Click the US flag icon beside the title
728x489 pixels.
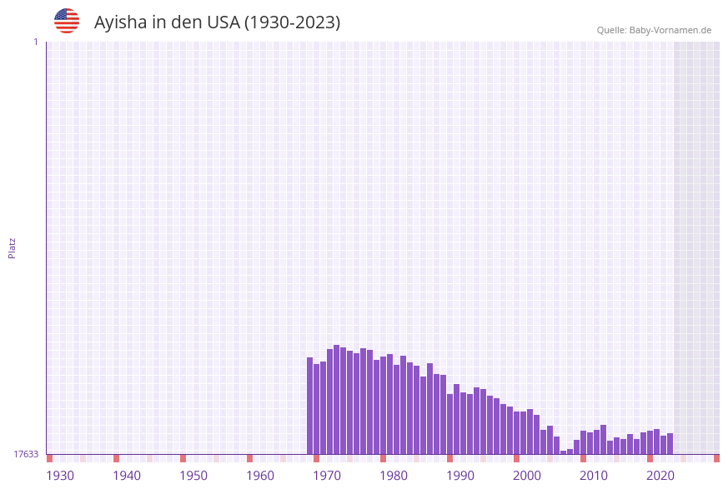coord(67,21)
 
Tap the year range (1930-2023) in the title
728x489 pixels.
coord(292,22)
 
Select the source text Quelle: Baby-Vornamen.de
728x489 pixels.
coord(654,30)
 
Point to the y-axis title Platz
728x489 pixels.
coord(13,248)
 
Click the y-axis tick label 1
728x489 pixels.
coord(35,42)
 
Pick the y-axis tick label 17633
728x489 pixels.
coord(26,454)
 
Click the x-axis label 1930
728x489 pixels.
coord(60,475)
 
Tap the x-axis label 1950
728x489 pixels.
coord(193,475)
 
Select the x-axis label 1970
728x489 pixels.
coord(327,475)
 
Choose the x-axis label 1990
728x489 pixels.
coord(460,475)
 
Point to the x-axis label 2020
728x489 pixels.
coord(660,475)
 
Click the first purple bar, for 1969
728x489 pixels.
coord(309,406)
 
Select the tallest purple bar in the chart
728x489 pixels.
coord(336,399)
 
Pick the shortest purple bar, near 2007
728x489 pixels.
coord(563,452)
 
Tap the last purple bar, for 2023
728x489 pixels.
coord(670,443)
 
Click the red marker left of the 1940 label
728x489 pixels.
coord(116,458)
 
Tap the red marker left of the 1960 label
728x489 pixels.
coord(249,458)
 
